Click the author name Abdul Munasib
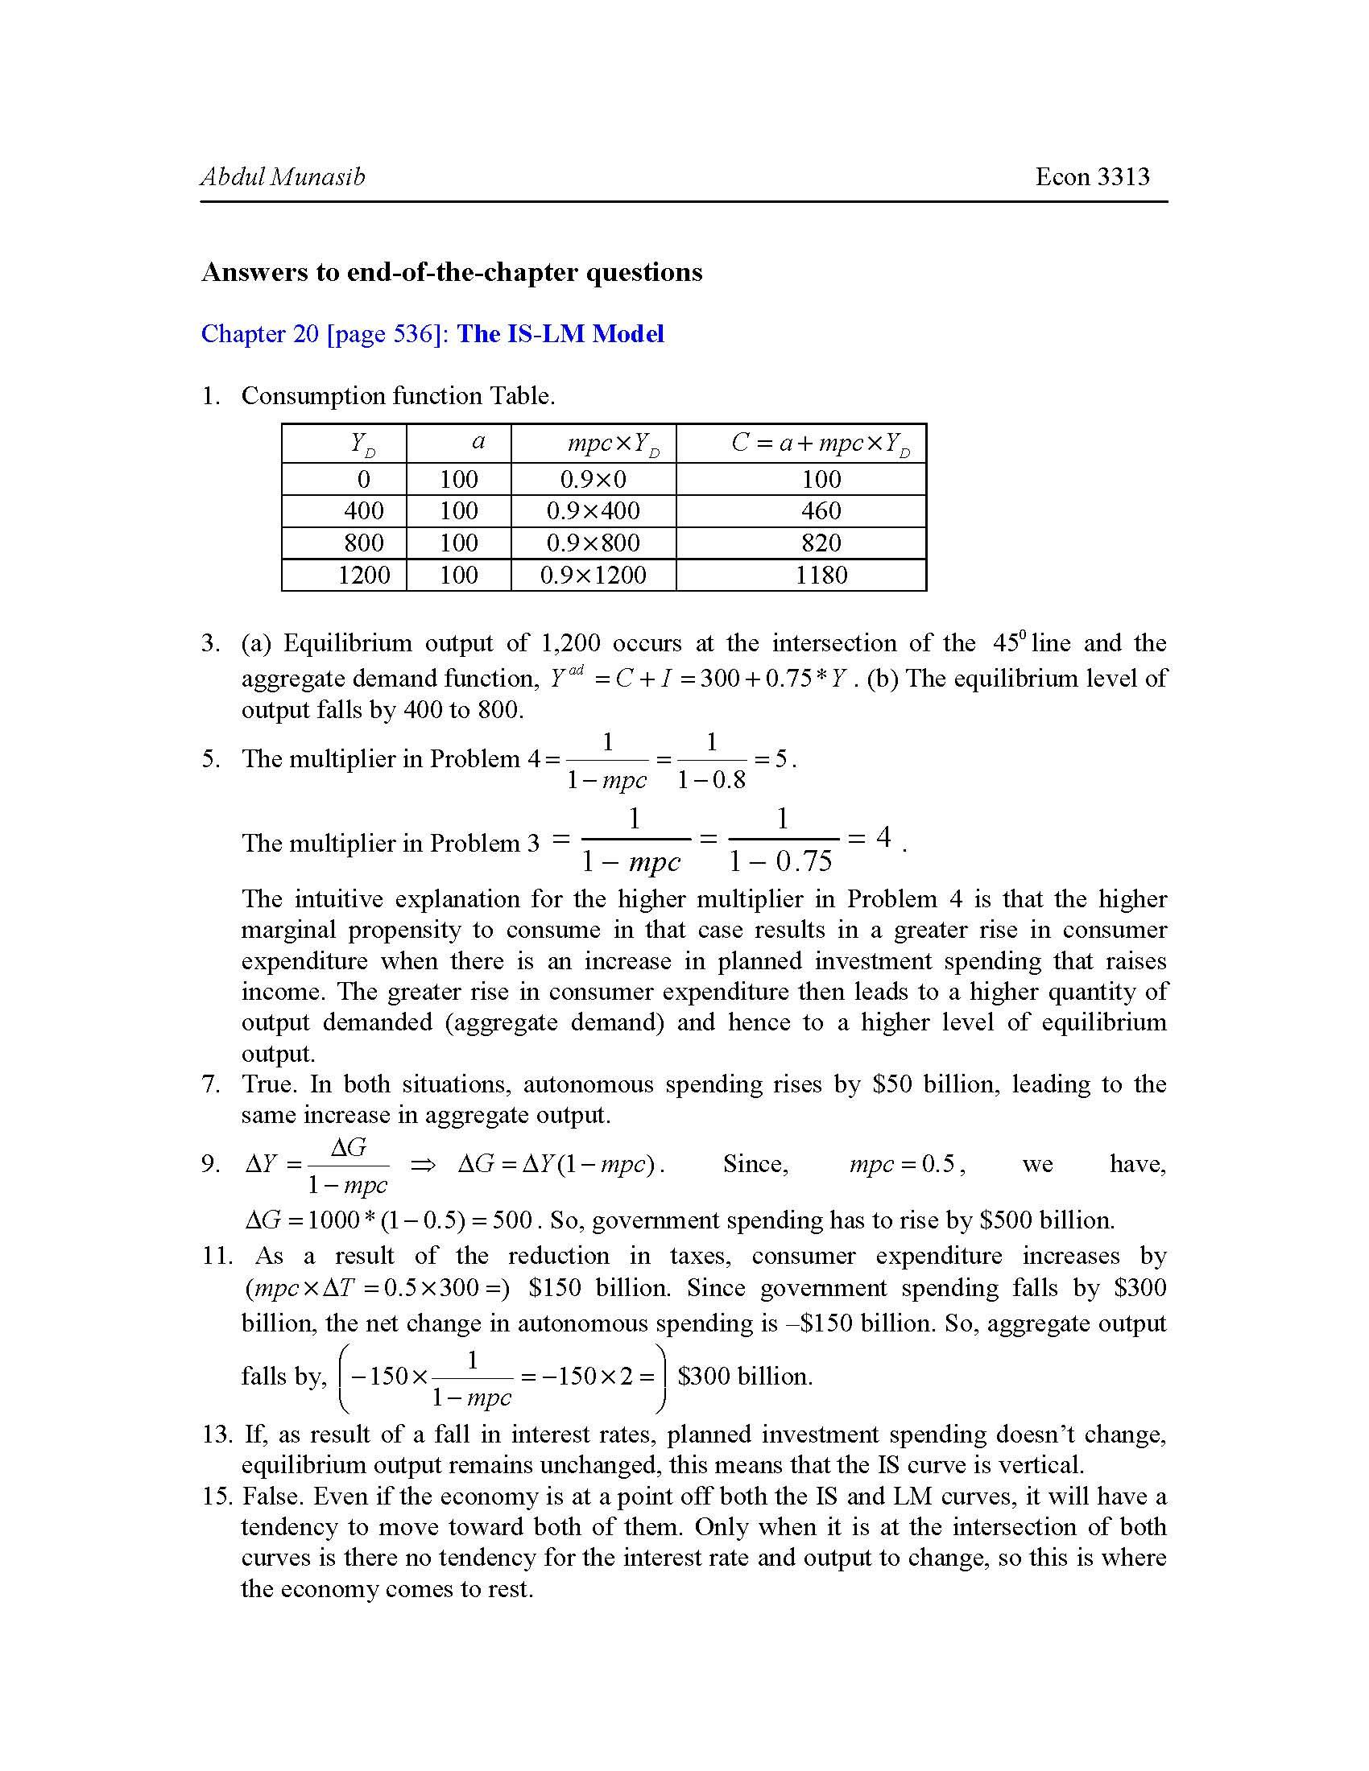[282, 177]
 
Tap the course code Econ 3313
[1092, 177]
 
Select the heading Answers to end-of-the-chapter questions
[452, 271]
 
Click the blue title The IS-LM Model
[560, 333]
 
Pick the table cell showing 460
[821, 511]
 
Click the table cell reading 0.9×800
[593, 543]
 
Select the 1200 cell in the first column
[363, 575]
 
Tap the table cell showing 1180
[821, 575]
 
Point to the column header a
[478, 442]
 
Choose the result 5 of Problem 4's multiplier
[781, 759]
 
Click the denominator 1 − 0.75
[781, 861]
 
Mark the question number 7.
[211, 1084]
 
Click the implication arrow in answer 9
[423, 1166]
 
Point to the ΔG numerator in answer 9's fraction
[348, 1146]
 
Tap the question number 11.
[217, 1256]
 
